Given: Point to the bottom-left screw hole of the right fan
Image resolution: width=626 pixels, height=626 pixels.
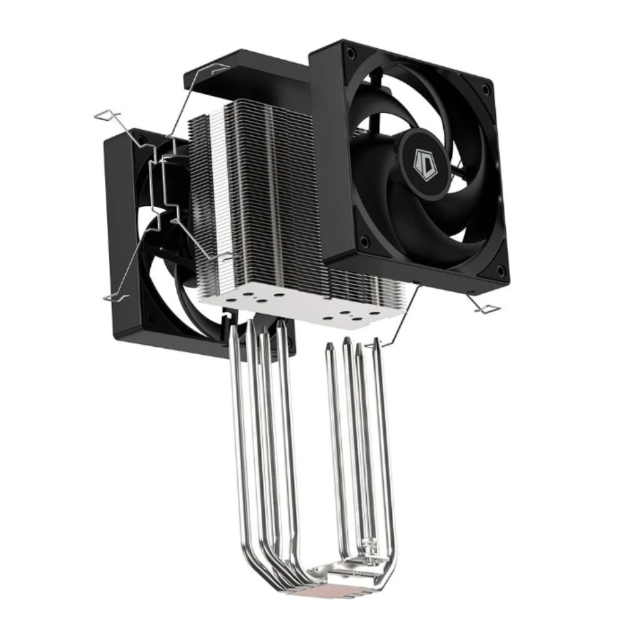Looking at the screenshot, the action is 363,240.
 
